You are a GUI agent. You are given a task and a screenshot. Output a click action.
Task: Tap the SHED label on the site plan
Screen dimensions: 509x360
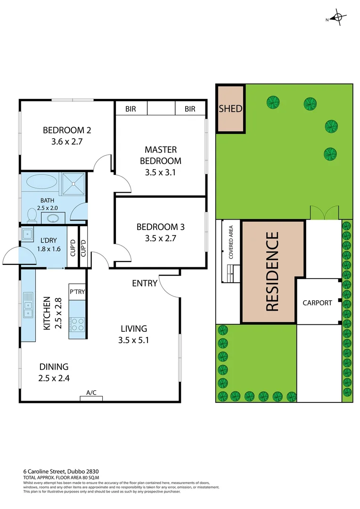[x=230, y=109]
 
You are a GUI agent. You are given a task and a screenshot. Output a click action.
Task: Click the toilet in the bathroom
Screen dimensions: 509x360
[x=32, y=215]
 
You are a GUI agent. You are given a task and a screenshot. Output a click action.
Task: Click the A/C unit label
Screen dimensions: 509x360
[x=91, y=392]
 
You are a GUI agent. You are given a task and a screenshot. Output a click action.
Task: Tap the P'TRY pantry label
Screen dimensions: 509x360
[x=77, y=292]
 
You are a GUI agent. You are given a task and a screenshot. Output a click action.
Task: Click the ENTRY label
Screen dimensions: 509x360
[x=145, y=283]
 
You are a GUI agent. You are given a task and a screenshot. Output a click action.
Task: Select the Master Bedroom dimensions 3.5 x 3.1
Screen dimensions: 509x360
[x=161, y=172]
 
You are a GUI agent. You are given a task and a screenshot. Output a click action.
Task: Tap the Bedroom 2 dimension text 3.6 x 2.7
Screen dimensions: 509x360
[x=66, y=140]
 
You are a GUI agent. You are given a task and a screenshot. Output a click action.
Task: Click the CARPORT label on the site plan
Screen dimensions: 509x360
[x=317, y=303]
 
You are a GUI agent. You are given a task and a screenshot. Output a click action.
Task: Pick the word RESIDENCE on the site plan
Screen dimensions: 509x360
[x=272, y=271]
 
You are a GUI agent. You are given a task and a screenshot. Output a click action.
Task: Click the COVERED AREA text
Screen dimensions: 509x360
[x=231, y=242]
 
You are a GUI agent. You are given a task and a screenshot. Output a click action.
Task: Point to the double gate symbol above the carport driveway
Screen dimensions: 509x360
[x=324, y=213]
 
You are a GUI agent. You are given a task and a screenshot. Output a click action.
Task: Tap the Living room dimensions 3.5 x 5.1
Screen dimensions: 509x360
[x=134, y=339]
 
